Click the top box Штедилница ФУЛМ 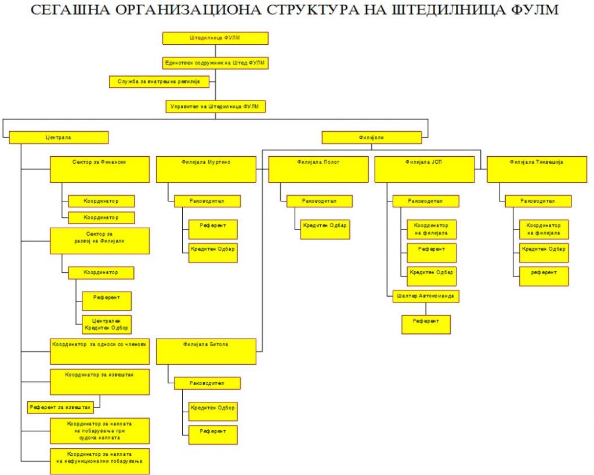(216, 38)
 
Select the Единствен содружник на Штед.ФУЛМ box (216, 63)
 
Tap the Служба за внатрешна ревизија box (159, 82)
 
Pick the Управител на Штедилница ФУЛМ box (216, 106)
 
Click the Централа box (59, 137)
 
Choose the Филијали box (372, 137)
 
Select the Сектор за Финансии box (100, 170)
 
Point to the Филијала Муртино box (206, 170)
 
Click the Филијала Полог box (318, 170)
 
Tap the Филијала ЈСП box (424, 170)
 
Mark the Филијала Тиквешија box (537, 170)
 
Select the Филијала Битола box (206, 351)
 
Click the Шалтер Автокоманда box (426, 297)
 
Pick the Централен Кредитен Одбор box (107, 325)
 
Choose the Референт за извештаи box (60, 408)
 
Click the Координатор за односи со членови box (100, 351)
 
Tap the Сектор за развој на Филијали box (100, 241)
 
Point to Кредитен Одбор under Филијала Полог (325, 229)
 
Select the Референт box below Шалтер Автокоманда (426, 325)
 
